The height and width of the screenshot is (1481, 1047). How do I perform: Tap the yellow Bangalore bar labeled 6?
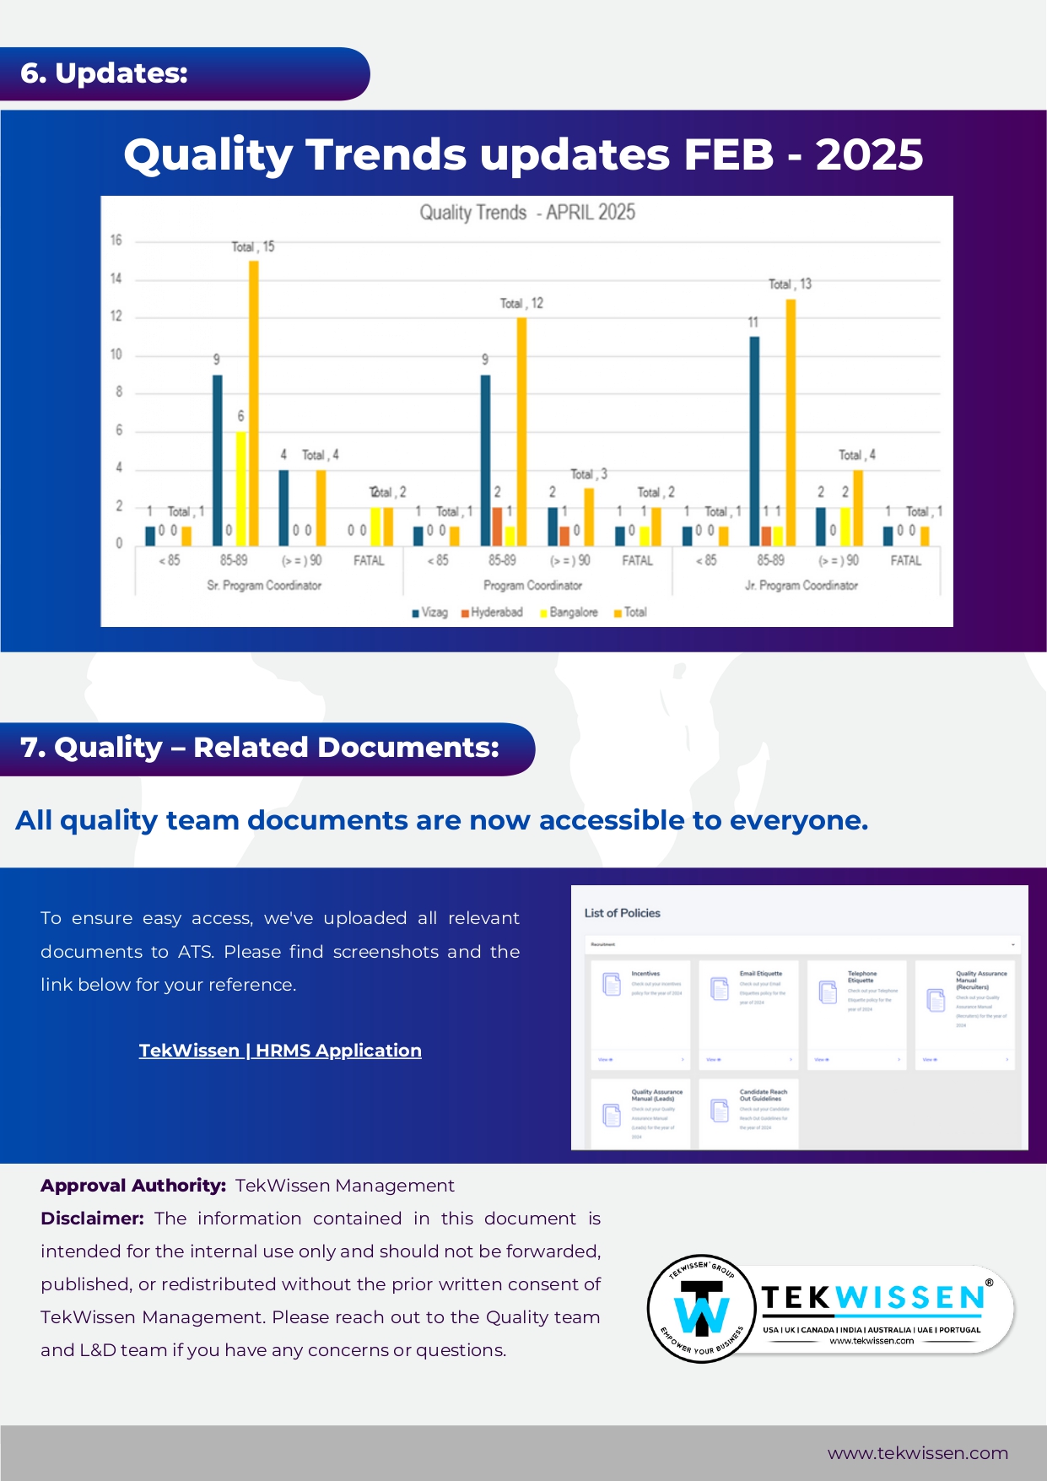pos(240,489)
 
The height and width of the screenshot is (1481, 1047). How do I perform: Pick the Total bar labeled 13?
pos(791,422)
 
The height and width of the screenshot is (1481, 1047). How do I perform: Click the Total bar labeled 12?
pos(521,431)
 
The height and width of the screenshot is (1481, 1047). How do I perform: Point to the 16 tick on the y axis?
pos(116,241)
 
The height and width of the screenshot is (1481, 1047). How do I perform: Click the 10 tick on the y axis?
pos(116,354)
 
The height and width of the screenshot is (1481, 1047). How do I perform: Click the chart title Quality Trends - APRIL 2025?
pos(527,213)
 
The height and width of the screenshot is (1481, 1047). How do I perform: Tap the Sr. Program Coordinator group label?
pos(264,585)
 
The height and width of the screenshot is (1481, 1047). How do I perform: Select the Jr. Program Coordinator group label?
pos(801,585)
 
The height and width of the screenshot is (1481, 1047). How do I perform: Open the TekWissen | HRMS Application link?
pos(280,1051)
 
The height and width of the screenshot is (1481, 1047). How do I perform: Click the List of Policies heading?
pos(622,913)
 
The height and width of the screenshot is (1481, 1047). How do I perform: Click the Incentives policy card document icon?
pos(612,984)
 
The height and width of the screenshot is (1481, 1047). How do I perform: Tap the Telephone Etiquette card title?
pos(862,976)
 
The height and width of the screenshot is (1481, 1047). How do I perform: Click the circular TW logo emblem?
pos(702,1309)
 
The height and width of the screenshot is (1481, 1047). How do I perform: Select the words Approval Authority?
pos(132,1186)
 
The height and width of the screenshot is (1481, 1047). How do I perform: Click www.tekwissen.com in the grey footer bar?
pos(917,1453)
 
